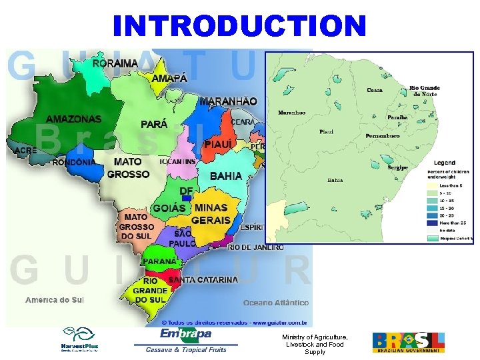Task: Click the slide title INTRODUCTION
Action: tap(240, 26)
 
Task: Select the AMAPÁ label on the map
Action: tap(169, 79)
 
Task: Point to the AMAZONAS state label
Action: tap(73, 119)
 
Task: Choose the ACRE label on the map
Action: tap(25, 151)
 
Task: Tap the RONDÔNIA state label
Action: tap(73, 162)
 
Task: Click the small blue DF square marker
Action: tap(187, 198)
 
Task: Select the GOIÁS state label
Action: tap(169, 209)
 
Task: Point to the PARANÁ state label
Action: tap(160, 261)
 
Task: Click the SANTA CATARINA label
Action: tap(203, 280)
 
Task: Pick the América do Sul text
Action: tap(55, 300)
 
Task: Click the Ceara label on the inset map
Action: tap(375, 91)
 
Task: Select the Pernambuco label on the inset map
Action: tap(383, 136)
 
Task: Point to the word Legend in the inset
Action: tap(445, 163)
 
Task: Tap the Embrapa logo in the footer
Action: tap(186, 333)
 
